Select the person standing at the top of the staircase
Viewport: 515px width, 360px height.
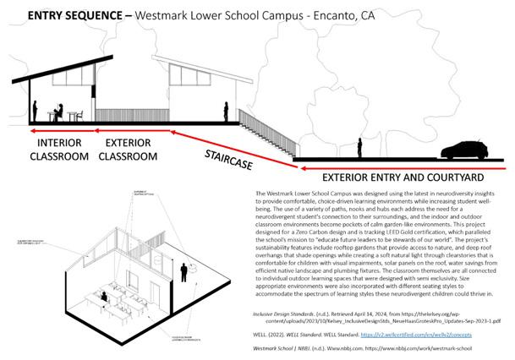point(227,112)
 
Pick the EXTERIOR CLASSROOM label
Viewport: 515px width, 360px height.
point(129,149)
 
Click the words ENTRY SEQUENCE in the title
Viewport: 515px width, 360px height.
point(67,14)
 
